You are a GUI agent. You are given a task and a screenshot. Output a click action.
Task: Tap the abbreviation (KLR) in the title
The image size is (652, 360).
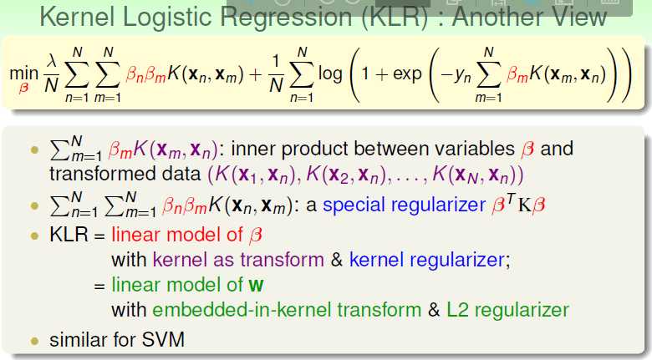pos(395,18)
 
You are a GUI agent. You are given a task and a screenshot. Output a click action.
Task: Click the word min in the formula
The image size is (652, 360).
pos(23,74)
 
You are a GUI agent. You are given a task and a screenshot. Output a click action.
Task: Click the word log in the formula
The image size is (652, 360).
pos(330,75)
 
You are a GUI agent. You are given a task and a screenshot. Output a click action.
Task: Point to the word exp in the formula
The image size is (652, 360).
pos(407,75)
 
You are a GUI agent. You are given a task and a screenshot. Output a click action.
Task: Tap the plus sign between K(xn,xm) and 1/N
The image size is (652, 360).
pos(256,75)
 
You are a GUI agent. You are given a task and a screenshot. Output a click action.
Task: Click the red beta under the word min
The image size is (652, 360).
pos(23,89)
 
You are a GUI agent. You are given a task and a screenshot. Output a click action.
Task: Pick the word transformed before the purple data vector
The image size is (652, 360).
pos(125,174)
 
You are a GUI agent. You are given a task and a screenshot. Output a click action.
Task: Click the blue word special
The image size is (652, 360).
pos(354,205)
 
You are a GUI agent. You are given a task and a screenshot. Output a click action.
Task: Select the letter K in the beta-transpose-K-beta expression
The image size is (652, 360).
pos(524,205)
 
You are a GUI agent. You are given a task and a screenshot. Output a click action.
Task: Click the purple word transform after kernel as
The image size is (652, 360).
pos(282,260)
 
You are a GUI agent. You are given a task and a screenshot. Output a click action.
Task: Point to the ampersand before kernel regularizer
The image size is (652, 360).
pos(336,261)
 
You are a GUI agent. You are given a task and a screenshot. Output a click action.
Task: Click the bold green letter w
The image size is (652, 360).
pos(256,285)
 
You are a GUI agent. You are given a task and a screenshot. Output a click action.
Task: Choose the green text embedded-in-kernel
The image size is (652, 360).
pos(287,310)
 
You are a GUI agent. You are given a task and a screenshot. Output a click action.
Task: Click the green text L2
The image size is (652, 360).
pos(457,310)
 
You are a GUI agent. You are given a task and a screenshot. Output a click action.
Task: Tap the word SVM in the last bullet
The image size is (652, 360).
pos(163,340)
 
